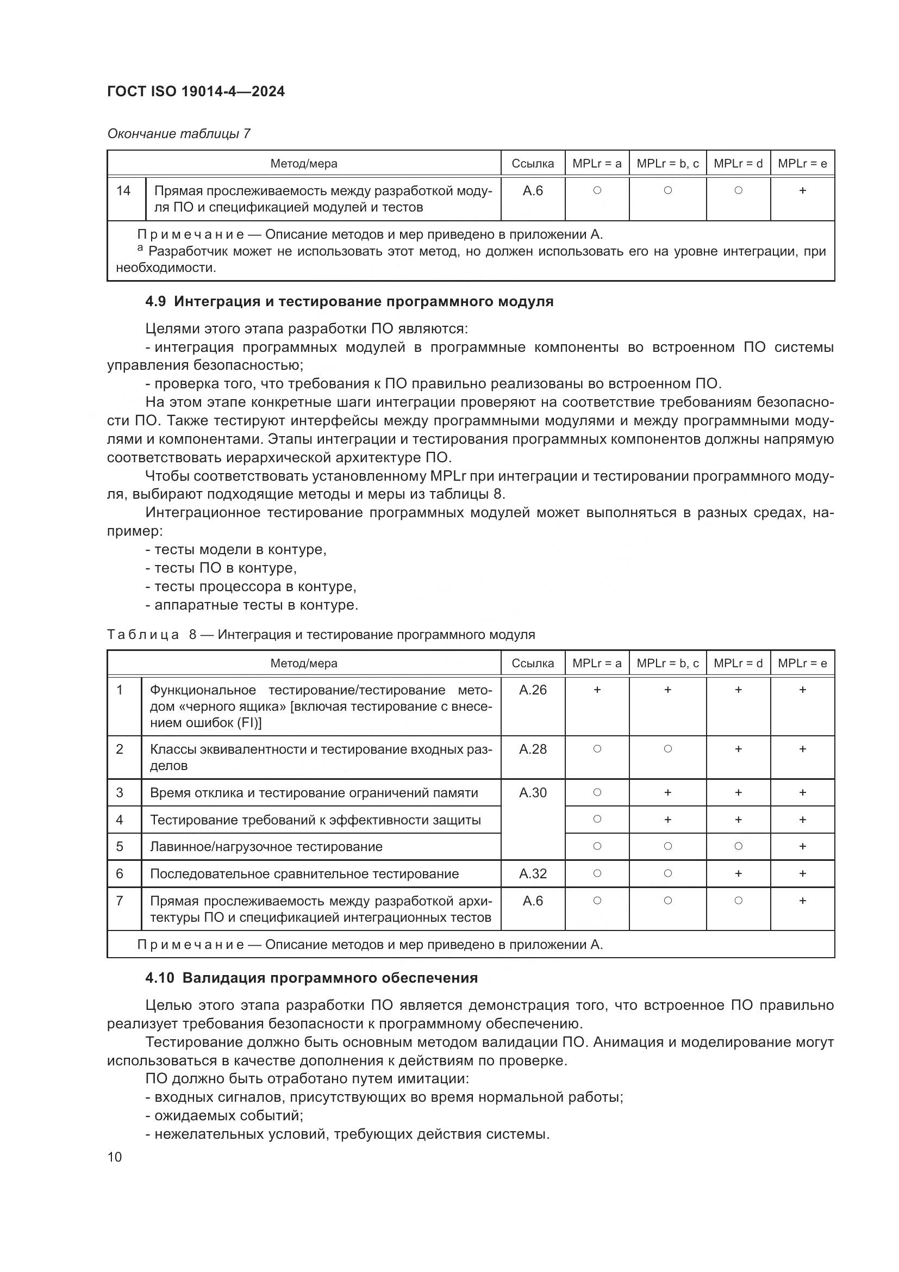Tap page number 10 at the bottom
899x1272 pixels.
(115, 1157)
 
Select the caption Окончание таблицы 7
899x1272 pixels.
(178, 134)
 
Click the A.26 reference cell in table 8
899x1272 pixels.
(533, 690)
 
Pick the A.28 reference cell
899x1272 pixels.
(533, 749)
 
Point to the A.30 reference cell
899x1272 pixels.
(533, 792)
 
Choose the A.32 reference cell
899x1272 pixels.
(533, 874)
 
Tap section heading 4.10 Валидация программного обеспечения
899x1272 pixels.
(311, 978)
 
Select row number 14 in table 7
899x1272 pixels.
(123, 190)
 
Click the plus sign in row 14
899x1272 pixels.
(802, 190)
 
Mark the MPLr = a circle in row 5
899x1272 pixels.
(597, 846)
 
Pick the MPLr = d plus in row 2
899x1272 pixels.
(738, 749)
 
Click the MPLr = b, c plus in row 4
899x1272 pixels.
(667, 820)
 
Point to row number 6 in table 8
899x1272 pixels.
(120, 874)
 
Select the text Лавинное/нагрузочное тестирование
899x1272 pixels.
(266, 847)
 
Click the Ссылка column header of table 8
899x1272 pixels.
(533, 663)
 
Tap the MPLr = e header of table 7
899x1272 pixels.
(802, 164)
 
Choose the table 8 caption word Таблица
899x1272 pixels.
(143, 635)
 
